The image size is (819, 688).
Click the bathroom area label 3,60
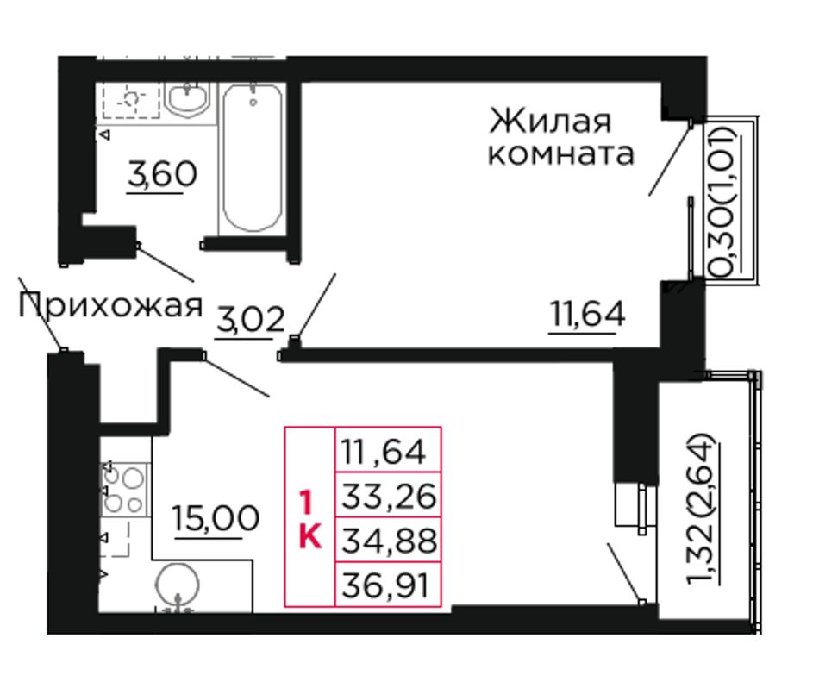pyautogui.click(x=162, y=174)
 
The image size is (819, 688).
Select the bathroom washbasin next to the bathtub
pyautogui.click(x=188, y=98)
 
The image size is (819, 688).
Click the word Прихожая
pyautogui.click(x=110, y=305)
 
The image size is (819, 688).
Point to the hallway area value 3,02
pyautogui.click(x=251, y=319)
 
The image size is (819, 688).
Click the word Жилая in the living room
pyautogui.click(x=549, y=121)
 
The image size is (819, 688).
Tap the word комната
pyautogui.click(x=561, y=154)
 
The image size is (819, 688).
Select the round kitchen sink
pyautogui.click(x=178, y=585)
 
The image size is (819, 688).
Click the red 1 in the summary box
pyautogui.click(x=306, y=503)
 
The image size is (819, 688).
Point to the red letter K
pyautogui.click(x=310, y=535)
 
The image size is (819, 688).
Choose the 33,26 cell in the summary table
pyautogui.click(x=389, y=496)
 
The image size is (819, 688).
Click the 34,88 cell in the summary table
pyautogui.click(x=389, y=541)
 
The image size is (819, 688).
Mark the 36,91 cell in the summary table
pyautogui.click(x=389, y=585)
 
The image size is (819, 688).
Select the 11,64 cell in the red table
pyautogui.click(x=389, y=451)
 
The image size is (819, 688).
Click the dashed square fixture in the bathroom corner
pyautogui.click(x=131, y=99)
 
